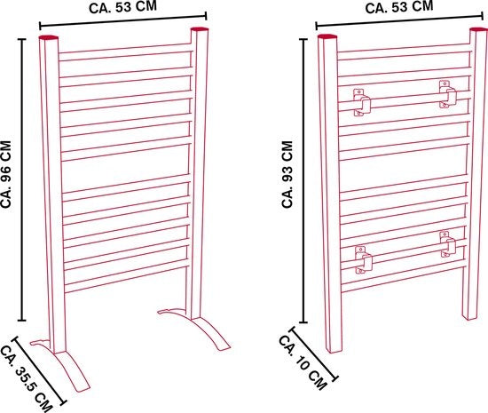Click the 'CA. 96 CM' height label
(x=6, y=174)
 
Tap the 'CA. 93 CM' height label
(x=287, y=174)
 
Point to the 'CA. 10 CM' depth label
(x=303, y=362)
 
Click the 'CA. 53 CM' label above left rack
(x=122, y=7)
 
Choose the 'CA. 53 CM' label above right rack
(x=399, y=7)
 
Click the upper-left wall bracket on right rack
(x=361, y=102)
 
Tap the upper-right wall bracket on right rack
(x=447, y=94)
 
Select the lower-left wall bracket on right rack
(x=364, y=259)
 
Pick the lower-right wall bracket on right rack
(x=448, y=244)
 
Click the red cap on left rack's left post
(x=48, y=37)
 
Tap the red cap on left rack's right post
(x=200, y=29)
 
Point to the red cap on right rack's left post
(x=327, y=36)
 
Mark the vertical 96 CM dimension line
(x=22, y=179)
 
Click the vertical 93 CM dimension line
(x=304, y=180)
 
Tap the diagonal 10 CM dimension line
(x=314, y=353)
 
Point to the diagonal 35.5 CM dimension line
(x=39, y=370)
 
